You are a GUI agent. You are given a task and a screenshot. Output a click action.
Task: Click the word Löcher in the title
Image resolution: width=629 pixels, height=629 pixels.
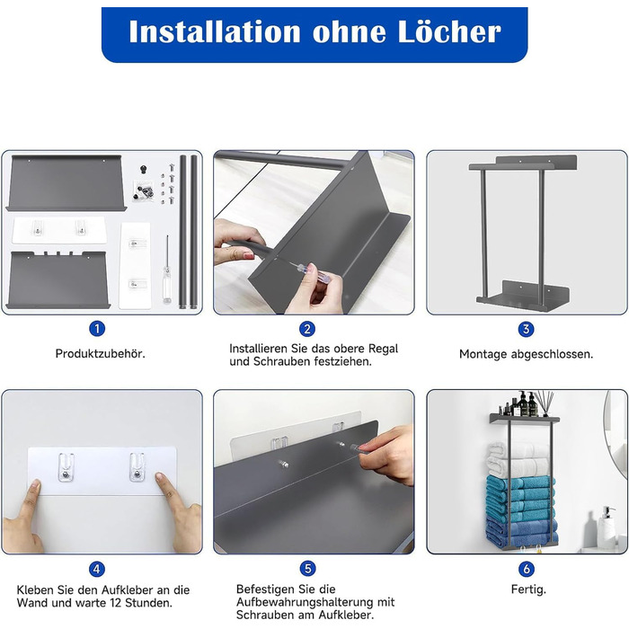(449, 31)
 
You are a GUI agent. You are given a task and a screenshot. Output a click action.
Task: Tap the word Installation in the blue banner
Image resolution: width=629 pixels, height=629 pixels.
(215, 31)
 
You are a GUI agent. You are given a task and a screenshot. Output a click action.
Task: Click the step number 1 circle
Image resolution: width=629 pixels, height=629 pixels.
(97, 329)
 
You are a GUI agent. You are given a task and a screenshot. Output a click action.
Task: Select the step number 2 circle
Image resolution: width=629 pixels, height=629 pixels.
(307, 329)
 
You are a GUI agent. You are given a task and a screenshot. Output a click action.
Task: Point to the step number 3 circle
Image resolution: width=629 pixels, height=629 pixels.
(526, 330)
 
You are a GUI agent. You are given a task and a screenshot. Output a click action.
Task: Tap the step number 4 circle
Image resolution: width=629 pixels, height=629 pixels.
(97, 569)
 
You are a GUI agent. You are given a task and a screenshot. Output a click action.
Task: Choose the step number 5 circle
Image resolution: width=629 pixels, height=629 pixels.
(307, 569)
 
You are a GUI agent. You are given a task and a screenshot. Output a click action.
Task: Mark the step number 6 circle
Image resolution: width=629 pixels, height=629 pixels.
(527, 569)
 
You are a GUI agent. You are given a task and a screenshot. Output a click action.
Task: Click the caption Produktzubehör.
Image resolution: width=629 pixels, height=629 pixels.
(101, 354)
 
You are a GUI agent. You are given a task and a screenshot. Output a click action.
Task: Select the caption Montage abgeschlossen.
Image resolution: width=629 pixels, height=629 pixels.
(526, 354)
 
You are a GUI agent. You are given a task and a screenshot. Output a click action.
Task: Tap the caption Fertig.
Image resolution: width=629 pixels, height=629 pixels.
(528, 589)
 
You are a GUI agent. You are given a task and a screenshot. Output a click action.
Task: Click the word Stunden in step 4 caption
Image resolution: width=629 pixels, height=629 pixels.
(148, 603)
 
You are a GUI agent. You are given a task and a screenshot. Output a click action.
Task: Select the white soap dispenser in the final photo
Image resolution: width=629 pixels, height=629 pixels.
(607, 527)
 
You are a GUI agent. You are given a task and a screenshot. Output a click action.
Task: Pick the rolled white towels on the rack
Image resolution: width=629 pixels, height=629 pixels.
(518, 458)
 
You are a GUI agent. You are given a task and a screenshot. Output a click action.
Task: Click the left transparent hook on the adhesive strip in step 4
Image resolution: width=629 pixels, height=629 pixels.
(66, 467)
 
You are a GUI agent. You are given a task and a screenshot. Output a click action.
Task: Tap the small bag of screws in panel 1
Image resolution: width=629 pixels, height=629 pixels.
(144, 190)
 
